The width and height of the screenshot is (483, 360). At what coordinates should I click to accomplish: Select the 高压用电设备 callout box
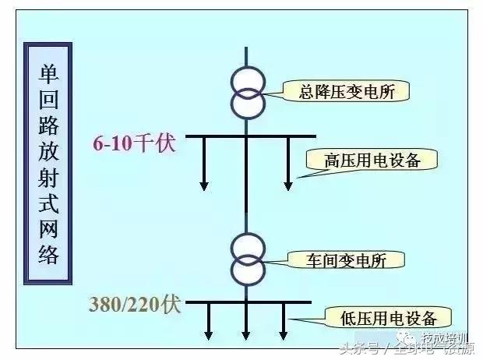[372, 160]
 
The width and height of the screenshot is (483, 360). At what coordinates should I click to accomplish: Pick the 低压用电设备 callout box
[386, 317]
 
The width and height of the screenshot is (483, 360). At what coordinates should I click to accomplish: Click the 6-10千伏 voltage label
[134, 143]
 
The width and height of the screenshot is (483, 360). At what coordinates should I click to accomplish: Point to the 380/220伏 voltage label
[135, 304]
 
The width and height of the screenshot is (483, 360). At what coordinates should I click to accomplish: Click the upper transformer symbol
[247, 91]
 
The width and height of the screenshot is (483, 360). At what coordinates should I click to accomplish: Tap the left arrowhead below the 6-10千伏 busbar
[204, 185]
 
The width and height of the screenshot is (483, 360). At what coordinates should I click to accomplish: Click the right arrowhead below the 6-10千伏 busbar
[288, 185]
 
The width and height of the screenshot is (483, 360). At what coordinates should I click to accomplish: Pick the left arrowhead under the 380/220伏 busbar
[209, 335]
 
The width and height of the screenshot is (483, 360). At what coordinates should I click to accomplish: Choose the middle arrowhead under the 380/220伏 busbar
[247, 335]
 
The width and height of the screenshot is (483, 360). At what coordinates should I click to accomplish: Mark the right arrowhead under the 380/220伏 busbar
[284, 335]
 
